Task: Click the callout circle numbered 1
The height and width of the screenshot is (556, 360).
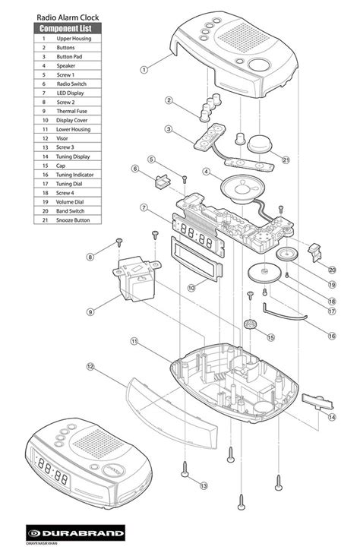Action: [144, 69]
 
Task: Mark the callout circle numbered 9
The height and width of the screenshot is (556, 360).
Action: [90, 311]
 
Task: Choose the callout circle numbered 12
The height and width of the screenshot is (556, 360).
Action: [90, 367]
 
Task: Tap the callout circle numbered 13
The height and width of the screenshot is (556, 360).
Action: [203, 485]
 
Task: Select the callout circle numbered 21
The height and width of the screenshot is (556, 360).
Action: [286, 160]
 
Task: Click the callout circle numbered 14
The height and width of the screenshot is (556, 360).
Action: [331, 417]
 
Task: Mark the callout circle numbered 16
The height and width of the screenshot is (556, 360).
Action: [331, 335]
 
